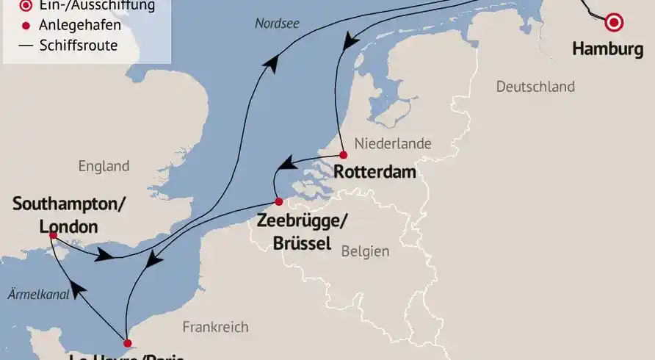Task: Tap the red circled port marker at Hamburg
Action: pos(612,23)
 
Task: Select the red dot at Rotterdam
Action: pos(343,155)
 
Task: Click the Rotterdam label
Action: pos(374,173)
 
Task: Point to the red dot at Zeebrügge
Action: pos(278,202)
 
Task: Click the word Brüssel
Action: pos(301,243)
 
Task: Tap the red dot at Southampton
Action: pos(54,235)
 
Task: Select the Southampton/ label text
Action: pos(69,204)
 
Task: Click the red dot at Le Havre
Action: pos(127,343)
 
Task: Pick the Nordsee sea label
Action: pos(277,24)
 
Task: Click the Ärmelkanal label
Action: pos(38,294)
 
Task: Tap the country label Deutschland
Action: pos(535,87)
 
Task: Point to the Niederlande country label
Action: pos(393,143)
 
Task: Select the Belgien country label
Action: pos(365,251)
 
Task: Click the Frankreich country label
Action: pos(215,327)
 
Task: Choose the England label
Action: pos(104,166)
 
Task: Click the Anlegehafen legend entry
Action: pos(80,26)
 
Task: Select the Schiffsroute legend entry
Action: pos(79,46)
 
